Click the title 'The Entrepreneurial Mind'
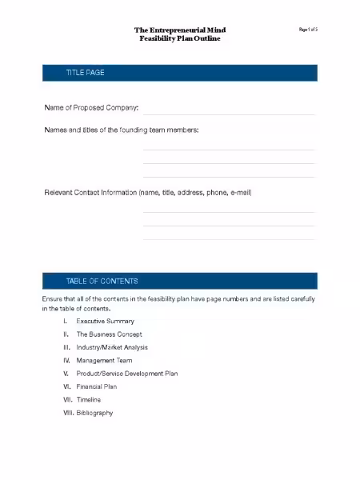pyautogui.click(x=179, y=30)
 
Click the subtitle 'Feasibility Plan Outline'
pyautogui.click(x=179, y=38)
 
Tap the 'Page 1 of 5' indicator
pyautogui.click(x=309, y=30)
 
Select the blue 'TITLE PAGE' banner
pyautogui.click(x=179, y=73)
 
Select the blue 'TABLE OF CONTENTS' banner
pyautogui.click(x=179, y=281)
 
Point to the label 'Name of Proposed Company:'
pyautogui.click(x=91, y=107)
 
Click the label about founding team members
pyautogui.click(x=121, y=130)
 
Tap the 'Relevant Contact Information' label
pyautogui.click(x=148, y=193)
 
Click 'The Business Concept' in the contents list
pyautogui.click(x=109, y=334)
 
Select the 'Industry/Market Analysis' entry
pyautogui.click(x=112, y=347)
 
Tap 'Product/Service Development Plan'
pyautogui.click(x=126, y=373)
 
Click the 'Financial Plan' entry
pyautogui.click(x=96, y=386)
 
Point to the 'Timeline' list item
pyautogui.click(x=89, y=399)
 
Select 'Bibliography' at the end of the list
pyautogui.click(x=94, y=413)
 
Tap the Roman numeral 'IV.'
pyautogui.click(x=66, y=360)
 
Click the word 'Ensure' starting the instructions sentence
pyautogui.click(x=52, y=298)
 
